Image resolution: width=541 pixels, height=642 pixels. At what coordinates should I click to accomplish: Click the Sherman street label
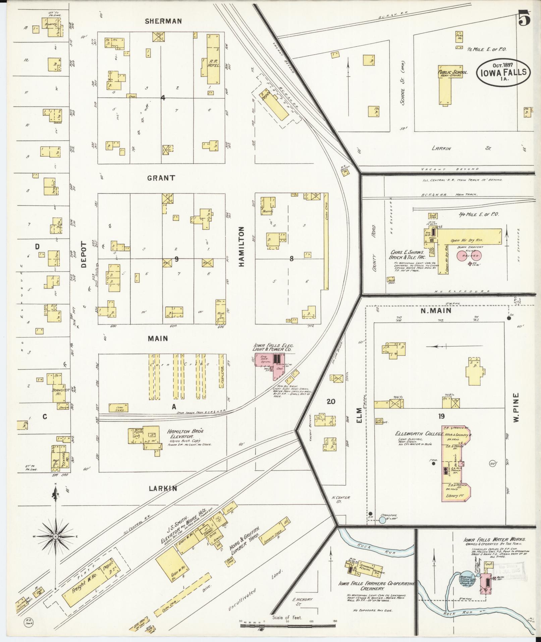pyautogui.click(x=163, y=21)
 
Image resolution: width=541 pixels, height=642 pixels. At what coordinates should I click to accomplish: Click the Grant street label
pyautogui.click(x=161, y=178)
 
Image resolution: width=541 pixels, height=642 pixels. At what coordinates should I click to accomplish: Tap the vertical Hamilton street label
pyautogui.click(x=241, y=247)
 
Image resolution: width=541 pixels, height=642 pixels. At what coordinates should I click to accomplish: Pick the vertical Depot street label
pyautogui.click(x=84, y=255)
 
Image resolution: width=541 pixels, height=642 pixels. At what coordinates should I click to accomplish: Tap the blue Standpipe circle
pyautogui.click(x=382, y=530)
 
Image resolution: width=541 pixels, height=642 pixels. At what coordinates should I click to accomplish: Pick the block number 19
pyautogui.click(x=441, y=416)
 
